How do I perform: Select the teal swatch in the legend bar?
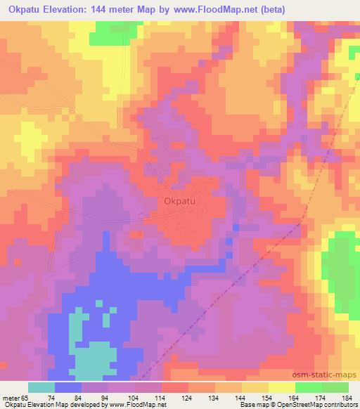41,387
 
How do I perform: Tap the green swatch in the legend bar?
308,387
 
